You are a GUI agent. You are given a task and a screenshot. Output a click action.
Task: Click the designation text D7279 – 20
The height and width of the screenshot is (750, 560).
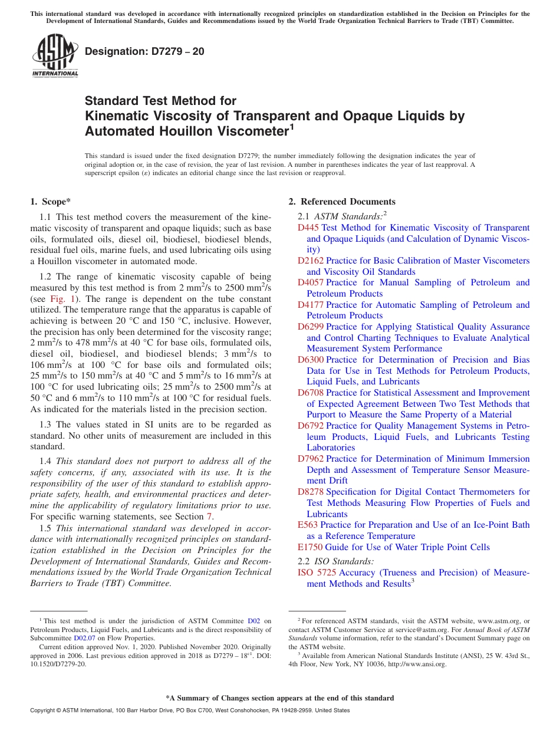[144, 52]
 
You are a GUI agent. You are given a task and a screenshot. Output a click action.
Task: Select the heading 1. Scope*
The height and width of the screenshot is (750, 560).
[50, 202]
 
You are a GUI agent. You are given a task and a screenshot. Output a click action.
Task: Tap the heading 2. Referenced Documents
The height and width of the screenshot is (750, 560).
[342, 202]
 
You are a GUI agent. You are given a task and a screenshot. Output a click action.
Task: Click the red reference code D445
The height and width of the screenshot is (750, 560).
[308, 228]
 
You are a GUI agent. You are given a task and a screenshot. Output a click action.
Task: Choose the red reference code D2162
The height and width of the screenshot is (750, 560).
[311, 261]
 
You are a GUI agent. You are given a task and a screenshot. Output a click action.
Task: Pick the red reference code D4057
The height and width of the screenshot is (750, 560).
[311, 282]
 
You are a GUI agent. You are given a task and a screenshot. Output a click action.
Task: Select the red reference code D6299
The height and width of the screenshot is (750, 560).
[311, 327]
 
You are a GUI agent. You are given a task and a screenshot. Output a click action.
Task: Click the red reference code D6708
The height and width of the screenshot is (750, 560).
[311, 393]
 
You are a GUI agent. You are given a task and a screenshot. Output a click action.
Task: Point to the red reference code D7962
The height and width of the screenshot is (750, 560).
[311, 459]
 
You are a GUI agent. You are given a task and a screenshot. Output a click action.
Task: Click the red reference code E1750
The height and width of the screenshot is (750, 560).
[310, 547]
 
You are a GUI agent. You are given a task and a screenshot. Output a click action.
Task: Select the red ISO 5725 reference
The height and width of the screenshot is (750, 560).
[317, 573]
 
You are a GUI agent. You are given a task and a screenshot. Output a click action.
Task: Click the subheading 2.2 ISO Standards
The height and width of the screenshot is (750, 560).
[335, 561]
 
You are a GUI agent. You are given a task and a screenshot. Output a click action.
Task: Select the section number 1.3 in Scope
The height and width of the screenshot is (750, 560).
[46, 425]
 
